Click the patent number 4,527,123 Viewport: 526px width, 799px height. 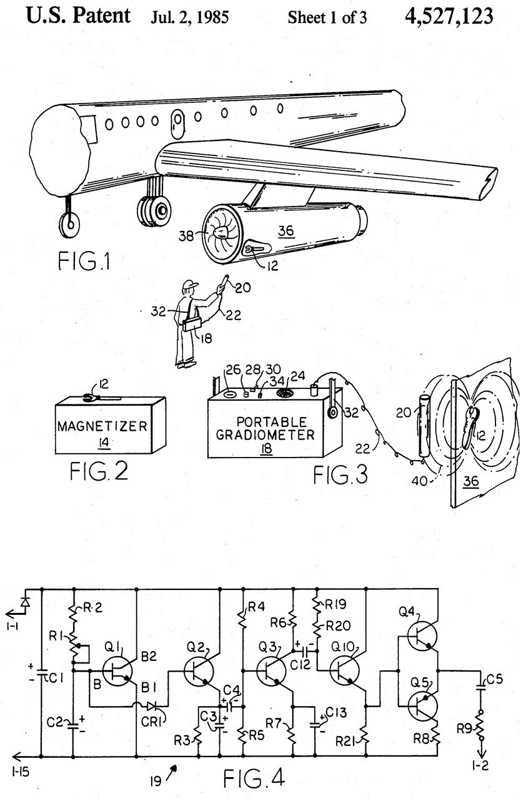pos(449,16)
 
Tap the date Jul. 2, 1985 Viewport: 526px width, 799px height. pos(189,17)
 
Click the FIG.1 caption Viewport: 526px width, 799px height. pos(84,261)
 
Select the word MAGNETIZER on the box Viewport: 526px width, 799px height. pos(102,426)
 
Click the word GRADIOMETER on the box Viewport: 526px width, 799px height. pos(265,435)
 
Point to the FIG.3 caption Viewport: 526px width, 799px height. pos(340,475)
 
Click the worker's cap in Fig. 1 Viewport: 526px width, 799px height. pos(190,285)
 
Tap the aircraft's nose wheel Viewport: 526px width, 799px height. pos(69,224)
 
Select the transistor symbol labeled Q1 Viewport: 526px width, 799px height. pos(117,671)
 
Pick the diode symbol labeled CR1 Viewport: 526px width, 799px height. pos(151,705)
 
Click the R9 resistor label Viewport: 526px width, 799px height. pos(465,728)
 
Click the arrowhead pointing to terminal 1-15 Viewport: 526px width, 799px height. pos(17,756)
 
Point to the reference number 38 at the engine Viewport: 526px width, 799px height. pos(186,236)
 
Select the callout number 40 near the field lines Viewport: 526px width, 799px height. pos(419,481)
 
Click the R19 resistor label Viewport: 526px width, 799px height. pos(336,604)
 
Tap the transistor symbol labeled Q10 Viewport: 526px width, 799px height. pos(344,671)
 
